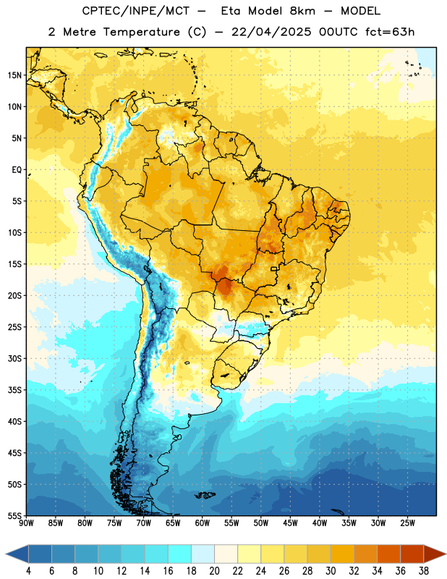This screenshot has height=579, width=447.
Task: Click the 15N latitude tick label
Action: (14, 75)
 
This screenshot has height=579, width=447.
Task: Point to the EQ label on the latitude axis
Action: (17, 170)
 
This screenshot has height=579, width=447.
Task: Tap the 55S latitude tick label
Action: (14, 516)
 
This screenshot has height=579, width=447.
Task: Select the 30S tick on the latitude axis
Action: (14, 358)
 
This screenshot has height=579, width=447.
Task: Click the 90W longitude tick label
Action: (27, 523)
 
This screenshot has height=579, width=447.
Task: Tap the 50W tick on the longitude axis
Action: (261, 523)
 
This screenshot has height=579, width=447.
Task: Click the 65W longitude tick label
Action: (173, 523)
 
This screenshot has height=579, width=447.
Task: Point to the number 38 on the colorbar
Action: (424, 571)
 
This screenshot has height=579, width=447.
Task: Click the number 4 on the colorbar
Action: (28, 571)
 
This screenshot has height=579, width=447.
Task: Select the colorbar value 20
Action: (214, 571)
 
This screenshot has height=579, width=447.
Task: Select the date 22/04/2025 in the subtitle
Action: (272, 32)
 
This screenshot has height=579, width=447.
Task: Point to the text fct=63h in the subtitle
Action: (390, 32)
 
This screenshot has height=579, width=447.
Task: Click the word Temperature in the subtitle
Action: (141, 32)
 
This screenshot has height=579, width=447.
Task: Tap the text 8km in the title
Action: (302, 11)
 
